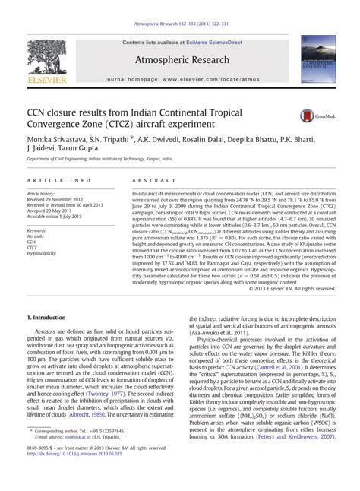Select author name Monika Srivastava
55,140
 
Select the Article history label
42,195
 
